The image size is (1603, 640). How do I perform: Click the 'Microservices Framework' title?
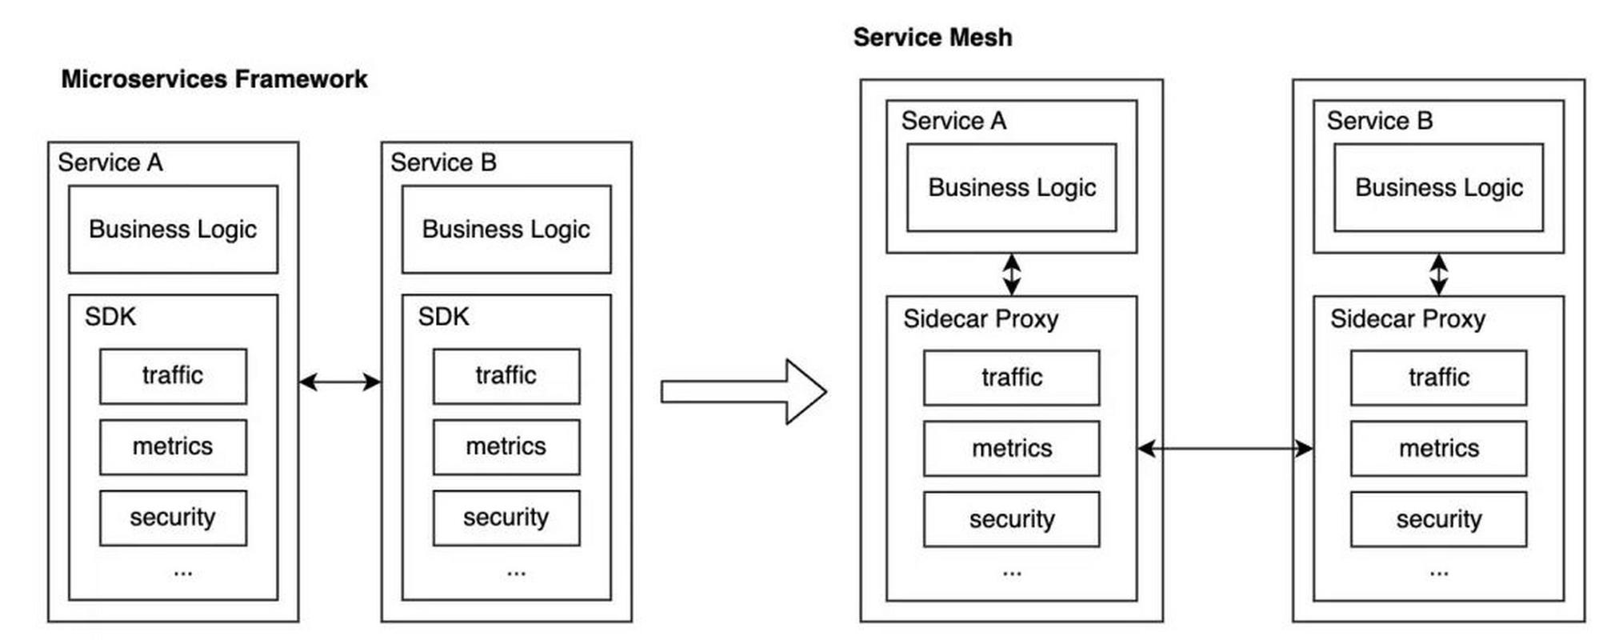pyautogui.click(x=214, y=79)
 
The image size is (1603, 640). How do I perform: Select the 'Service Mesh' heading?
pyautogui.click(x=933, y=37)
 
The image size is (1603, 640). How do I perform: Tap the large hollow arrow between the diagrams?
pyautogui.click(x=744, y=391)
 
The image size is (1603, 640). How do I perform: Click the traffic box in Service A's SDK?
pyautogui.click(x=173, y=376)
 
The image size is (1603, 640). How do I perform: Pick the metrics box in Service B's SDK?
pyautogui.click(x=506, y=446)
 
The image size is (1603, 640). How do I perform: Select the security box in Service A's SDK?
pyautogui.click(x=173, y=518)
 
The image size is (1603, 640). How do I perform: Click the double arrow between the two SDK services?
pyautogui.click(x=340, y=382)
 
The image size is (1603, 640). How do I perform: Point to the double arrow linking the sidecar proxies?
pyautogui.click(x=1225, y=448)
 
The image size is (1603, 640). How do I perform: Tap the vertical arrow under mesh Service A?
pyautogui.click(x=1012, y=274)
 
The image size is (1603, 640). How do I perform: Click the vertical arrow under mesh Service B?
pyautogui.click(x=1438, y=274)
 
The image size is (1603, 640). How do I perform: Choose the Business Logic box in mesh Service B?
pyautogui.click(x=1438, y=187)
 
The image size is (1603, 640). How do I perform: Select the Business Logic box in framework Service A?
pyautogui.click(x=173, y=230)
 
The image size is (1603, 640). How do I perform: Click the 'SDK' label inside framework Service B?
pyautogui.click(x=443, y=317)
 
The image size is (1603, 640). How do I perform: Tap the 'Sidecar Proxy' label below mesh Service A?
pyautogui.click(x=981, y=319)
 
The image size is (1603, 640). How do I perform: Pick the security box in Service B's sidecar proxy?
pyautogui.click(x=1438, y=519)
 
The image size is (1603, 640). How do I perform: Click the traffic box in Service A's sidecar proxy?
pyautogui.click(x=1012, y=378)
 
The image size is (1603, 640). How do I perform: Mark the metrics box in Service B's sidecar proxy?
pyautogui.click(x=1438, y=448)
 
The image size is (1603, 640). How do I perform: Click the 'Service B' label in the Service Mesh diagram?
pyautogui.click(x=1380, y=121)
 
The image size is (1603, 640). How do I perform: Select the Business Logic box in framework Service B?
pyautogui.click(x=506, y=230)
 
